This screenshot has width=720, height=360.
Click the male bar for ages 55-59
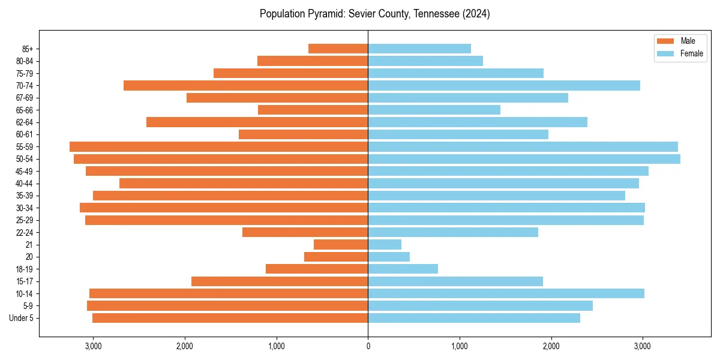click(219, 146)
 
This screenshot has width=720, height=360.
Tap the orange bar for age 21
click(341, 244)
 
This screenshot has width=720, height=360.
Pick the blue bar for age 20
click(389, 257)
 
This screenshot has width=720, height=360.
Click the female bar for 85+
click(419, 49)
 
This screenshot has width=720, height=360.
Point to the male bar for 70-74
click(246, 85)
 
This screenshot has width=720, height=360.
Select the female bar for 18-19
click(403, 269)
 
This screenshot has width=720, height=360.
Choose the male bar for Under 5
click(230, 318)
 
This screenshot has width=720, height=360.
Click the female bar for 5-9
click(480, 305)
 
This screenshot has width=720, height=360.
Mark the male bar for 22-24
click(305, 232)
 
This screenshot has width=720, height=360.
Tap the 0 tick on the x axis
click(368, 346)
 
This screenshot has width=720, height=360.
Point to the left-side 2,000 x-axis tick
click(185, 346)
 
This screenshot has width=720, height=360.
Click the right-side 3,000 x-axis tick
click(643, 346)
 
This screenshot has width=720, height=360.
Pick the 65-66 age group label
click(24, 110)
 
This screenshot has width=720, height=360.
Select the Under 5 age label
click(22, 318)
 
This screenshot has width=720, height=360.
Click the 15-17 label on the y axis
click(24, 281)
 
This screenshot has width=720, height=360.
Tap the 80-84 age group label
click(24, 61)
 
